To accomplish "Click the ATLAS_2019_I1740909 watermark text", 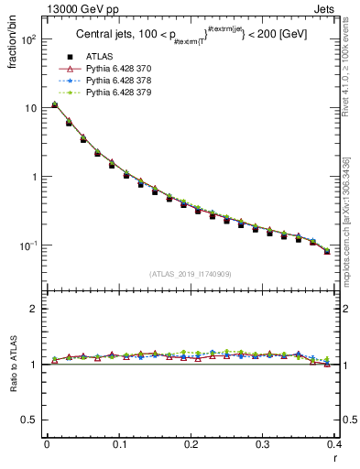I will [190, 274].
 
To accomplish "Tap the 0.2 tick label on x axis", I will [191, 444].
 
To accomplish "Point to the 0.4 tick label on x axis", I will [334, 444].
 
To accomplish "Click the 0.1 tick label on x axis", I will [118, 444].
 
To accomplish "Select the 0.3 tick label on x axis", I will [263, 444].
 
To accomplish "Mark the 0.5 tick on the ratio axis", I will [31, 420].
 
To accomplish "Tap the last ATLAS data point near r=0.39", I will [327, 251].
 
